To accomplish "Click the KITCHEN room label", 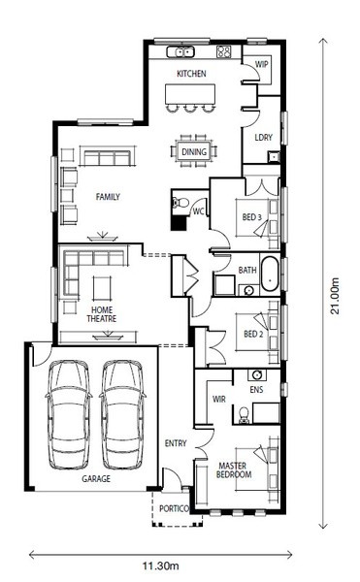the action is click(191, 74).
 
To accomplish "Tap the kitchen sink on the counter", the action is click(180, 52).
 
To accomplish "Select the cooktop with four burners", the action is click(224, 52).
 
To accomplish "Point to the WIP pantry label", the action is click(261, 64).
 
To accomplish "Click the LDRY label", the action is click(264, 138).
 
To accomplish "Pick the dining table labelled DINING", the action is click(194, 151).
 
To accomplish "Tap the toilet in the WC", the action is click(180, 203).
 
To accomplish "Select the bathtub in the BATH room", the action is click(270, 274).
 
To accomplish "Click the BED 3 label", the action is click(252, 217).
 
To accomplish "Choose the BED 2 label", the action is click(253, 334).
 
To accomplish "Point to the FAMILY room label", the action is click(108, 197).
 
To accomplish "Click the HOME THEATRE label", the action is click(102, 314).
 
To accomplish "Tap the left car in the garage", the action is click(69, 414).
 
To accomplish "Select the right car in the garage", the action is click(122, 414).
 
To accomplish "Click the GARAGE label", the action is click(96, 479).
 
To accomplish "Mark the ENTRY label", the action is click(176, 443).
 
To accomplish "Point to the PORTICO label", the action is click(174, 508).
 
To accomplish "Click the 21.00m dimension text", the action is click(335, 296).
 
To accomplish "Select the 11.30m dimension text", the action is click(161, 566).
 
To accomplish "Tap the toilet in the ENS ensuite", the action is click(244, 415).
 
